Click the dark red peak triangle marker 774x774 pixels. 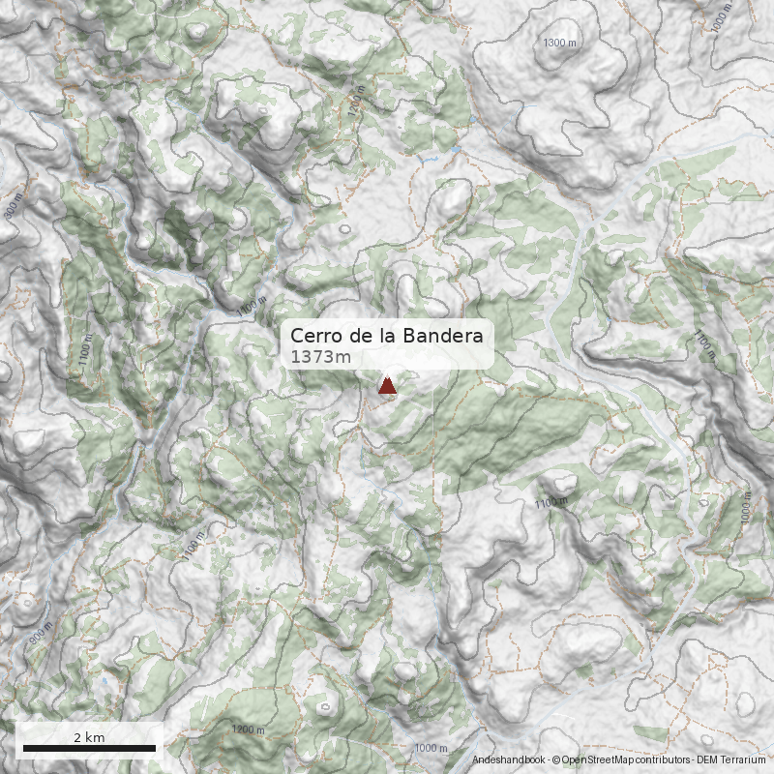point(387,387)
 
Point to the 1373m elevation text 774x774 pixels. point(320,357)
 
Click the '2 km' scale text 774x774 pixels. point(89,737)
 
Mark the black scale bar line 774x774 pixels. point(89,748)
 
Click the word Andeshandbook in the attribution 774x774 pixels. point(508,760)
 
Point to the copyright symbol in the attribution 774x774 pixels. point(555,760)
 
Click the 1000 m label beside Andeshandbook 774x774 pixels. point(431,748)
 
